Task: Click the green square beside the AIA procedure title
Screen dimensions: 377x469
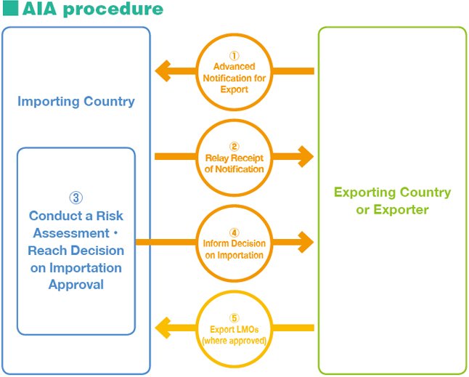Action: coord(9,9)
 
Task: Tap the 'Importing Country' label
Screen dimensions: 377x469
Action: coord(76,101)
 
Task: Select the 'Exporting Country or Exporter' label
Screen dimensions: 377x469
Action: coord(392,201)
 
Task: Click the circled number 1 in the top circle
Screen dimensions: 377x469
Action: coord(234,55)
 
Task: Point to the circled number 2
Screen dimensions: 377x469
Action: coord(234,146)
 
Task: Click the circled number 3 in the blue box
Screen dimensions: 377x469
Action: coord(76,198)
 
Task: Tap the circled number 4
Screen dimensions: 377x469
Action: coord(234,232)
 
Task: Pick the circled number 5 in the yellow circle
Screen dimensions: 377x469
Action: coord(234,317)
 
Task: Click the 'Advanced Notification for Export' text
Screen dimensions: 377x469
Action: coord(234,78)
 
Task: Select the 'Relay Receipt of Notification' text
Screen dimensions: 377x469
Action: coord(234,163)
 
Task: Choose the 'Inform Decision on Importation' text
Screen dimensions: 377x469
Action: coord(234,249)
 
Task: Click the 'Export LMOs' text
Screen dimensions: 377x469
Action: coord(234,329)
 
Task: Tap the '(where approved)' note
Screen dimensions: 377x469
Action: coord(234,340)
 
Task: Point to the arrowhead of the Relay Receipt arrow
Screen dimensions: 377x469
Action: coord(306,156)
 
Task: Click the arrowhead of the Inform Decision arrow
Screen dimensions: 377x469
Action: coord(306,242)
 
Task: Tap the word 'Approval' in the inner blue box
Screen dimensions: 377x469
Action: coord(76,285)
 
